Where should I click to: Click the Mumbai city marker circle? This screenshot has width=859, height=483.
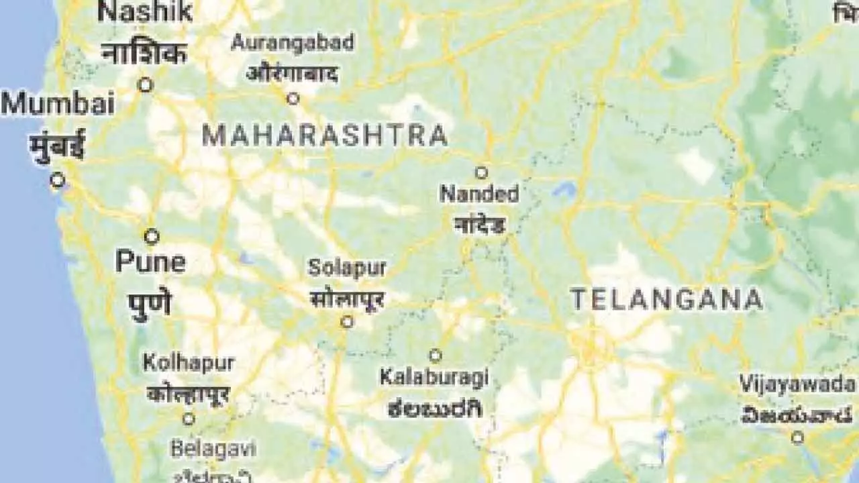coord(58,180)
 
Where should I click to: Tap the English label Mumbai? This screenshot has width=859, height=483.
coord(58,105)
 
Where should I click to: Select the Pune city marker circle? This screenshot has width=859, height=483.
coord(152,236)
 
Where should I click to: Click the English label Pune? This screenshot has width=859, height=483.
coord(150,262)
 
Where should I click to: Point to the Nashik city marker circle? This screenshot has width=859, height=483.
coord(145,85)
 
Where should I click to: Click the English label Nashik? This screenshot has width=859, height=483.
coord(146,11)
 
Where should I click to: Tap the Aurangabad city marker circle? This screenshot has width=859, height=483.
coord(293,99)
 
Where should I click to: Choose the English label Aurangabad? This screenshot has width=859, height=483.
coord(292,43)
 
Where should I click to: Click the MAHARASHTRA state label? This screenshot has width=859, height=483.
coord(325,136)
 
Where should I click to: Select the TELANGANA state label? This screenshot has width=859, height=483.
coord(666,300)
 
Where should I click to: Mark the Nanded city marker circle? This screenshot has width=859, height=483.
coord(481,172)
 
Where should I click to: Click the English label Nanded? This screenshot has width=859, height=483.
coord(479,195)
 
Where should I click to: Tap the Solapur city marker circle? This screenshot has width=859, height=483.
coord(347,322)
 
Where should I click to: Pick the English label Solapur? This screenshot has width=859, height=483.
coord(347,268)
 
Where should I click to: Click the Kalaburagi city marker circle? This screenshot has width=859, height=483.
coord(436,355)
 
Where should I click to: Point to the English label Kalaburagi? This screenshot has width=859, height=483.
coord(434,378)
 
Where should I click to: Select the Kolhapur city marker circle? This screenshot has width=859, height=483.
coord(189,419)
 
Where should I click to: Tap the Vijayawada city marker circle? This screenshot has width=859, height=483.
coord(797,437)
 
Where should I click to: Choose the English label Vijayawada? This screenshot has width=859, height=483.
coord(797,384)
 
